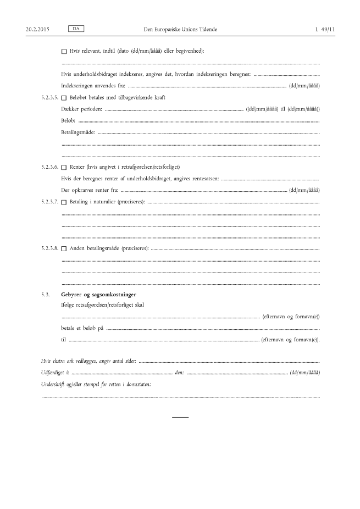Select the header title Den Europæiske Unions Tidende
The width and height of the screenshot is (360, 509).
[x=180, y=28]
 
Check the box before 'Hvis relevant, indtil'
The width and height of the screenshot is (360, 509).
[x=64, y=51]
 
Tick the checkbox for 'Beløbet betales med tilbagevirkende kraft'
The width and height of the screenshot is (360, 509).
[x=64, y=98]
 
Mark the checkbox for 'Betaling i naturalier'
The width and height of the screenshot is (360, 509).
[x=64, y=202]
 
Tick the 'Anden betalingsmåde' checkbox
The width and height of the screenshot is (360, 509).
[x=64, y=248]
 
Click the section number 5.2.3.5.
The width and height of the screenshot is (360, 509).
[x=49, y=98]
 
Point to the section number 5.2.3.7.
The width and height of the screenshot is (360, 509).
[x=49, y=202]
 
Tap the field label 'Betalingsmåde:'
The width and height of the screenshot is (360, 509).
[x=79, y=132]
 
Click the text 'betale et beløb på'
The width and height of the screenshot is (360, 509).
[x=82, y=328]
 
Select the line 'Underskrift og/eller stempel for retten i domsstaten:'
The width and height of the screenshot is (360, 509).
[x=96, y=384]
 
